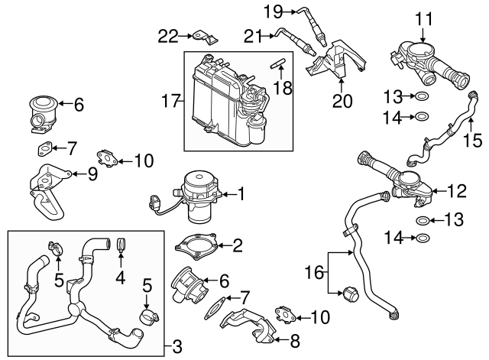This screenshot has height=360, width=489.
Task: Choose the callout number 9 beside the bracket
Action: [92, 174]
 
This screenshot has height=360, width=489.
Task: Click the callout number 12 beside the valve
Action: [455, 189]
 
